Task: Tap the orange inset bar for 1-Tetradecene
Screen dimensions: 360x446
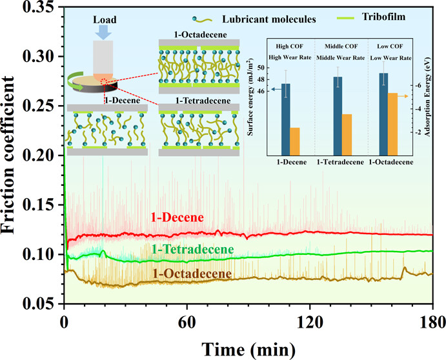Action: [347, 132]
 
